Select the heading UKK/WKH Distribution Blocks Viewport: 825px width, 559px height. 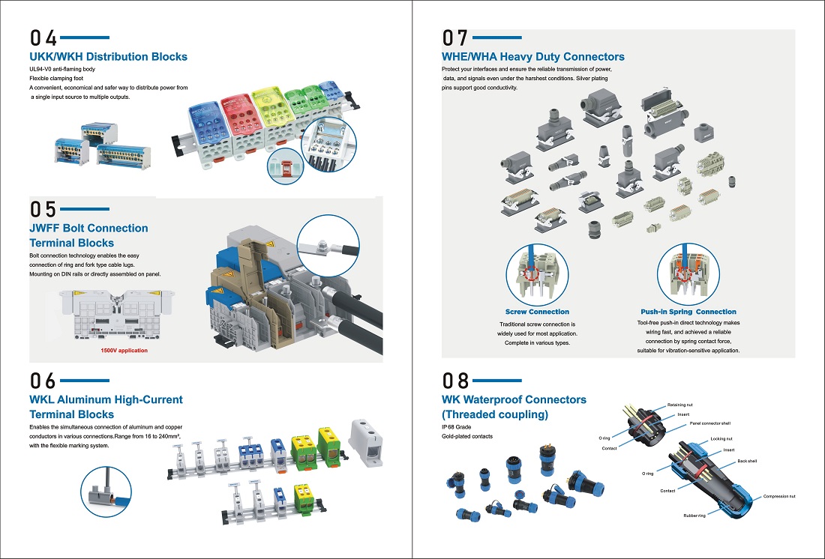(108, 56)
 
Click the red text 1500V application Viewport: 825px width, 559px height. (124, 350)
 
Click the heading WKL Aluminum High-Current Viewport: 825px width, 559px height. (106, 399)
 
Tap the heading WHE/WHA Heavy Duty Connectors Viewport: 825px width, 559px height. (532, 56)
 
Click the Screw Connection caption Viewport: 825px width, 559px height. (537, 312)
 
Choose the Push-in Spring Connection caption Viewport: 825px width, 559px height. (688, 312)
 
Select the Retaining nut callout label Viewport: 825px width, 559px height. (679, 405)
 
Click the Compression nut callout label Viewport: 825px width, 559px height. (778, 496)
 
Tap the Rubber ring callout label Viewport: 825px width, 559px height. (694, 516)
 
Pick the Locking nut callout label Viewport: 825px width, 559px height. (721, 438)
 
